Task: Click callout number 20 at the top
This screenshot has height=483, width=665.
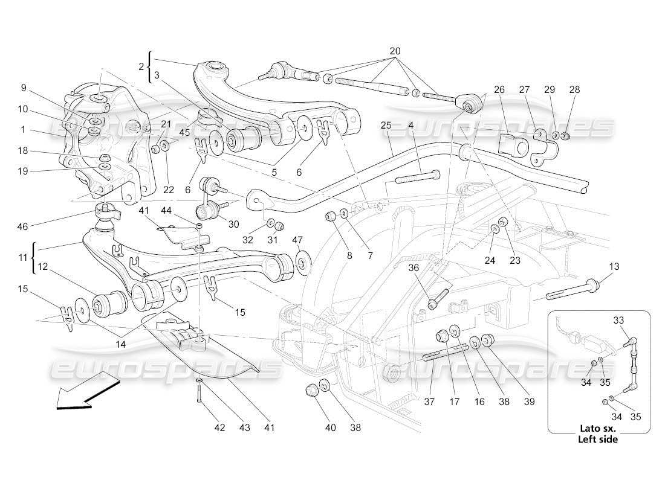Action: click(x=395, y=51)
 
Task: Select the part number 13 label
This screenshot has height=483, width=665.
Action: click(x=614, y=266)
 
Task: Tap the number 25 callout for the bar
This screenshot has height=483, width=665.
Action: click(x=386, y=125)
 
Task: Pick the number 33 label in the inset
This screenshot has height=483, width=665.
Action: click(x=618, y=321)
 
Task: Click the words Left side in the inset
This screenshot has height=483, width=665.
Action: click(x=598, y=440)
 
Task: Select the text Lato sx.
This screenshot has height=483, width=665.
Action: click(x=598, y=429)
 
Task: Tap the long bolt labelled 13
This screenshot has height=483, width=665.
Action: click(x=571, y=290)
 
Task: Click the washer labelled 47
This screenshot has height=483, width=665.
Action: click(x=300, y=264)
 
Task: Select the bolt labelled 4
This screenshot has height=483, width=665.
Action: click(x=417, y=177)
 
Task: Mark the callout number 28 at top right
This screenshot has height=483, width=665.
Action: click(x=574, y=89)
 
